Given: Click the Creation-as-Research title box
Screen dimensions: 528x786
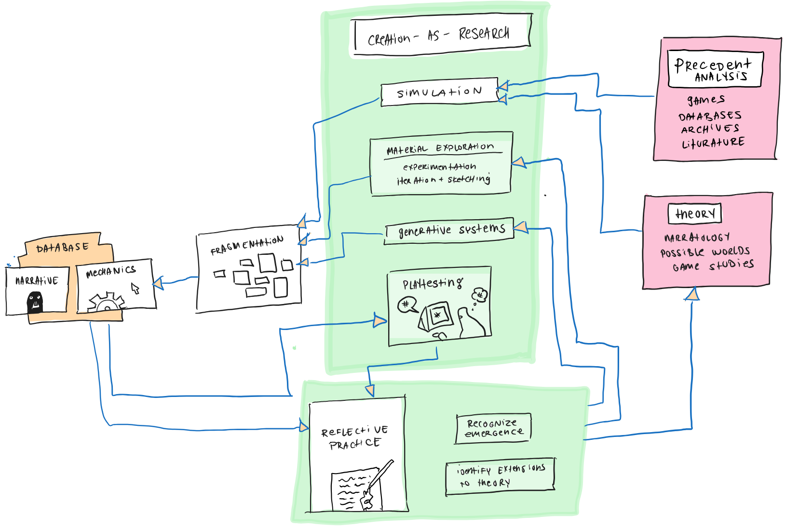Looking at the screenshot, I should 441,35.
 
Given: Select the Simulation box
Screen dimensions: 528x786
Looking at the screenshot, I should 439,92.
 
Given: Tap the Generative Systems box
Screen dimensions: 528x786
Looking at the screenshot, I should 450,231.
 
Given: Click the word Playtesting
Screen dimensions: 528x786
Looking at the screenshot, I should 433,284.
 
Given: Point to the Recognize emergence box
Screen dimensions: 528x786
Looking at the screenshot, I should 493,428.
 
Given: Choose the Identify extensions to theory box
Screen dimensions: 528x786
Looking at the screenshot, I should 501,476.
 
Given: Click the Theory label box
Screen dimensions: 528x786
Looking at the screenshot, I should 694,213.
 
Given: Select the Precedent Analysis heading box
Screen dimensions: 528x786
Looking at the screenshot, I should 714,69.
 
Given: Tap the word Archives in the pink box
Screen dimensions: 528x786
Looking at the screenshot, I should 710,129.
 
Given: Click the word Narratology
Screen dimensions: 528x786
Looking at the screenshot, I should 697,238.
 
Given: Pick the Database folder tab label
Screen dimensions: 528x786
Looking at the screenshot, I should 63,248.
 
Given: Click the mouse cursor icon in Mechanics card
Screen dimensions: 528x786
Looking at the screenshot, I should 136,289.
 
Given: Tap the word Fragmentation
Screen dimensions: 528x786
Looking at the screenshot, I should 247,245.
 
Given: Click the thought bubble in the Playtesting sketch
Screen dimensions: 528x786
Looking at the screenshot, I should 480,295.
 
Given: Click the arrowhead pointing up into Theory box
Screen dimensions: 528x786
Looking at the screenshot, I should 692,294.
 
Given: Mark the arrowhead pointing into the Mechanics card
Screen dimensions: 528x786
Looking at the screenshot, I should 158,283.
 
